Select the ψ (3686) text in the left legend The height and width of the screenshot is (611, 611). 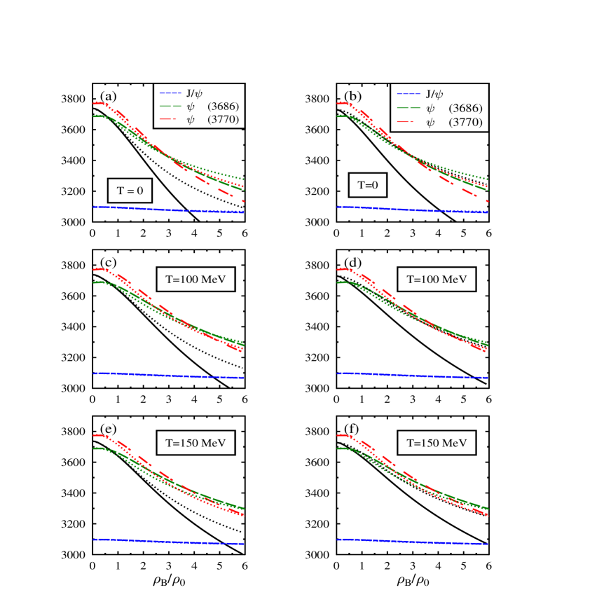point(213,107)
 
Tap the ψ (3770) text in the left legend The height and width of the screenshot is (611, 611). point(213,120)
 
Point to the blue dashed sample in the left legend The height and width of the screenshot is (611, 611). point(171,93)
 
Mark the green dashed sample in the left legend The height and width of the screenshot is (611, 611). point(171,107)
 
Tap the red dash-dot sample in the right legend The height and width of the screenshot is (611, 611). point(408,123)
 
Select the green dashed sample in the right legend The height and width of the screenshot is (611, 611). point(408,109)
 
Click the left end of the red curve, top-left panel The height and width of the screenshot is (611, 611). point(94,103)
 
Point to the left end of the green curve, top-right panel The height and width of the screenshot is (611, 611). point(338,116)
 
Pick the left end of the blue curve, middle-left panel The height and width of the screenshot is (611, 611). point(94,373)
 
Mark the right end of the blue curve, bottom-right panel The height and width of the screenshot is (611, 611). point(487,544)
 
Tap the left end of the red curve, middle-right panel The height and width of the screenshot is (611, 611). point(338,269)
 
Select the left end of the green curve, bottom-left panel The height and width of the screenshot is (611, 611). point(94,448)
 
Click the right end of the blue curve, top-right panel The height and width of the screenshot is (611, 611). point(487,212)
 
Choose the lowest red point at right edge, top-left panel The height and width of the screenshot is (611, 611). point(243,202)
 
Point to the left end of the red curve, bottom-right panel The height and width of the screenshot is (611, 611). point(338,435)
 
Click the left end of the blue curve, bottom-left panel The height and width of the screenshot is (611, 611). point(94,540)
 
